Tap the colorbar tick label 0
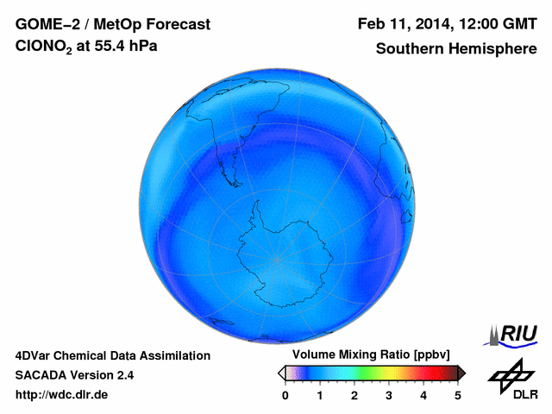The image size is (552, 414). pyautogui.click(x=285, y=395)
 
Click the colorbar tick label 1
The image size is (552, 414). pyautogui.click(x=320, y=395)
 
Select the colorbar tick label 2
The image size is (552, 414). pyautogui.click(x=354, y=395)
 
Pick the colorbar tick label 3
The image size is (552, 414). pyautogui.click(x=389, y=395)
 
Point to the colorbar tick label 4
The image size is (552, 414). pyautogui.click(x=423, y=395)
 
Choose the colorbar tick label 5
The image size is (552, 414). pyautogui.click(x=458, y=395)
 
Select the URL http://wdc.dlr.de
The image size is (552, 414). pyautogui.click(x=62, y=395)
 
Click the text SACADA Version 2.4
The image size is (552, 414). pyautogui.click(x=74, y=375)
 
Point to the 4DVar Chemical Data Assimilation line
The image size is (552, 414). pyautogui.click(x=112, y=355)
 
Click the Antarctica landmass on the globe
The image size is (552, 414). pyautogui.click(x=289, y=250)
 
